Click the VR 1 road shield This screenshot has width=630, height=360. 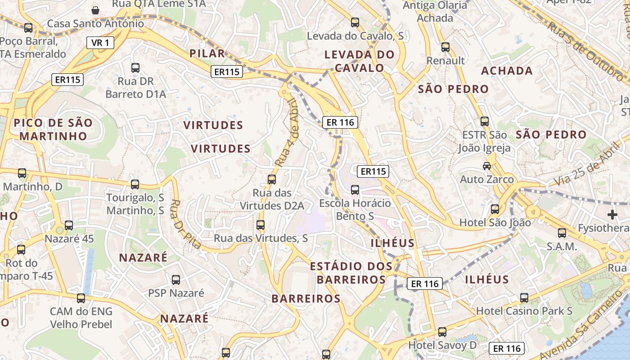(100, 43)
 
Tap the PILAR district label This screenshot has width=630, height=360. (207, 54)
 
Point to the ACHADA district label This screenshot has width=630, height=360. (507, 71)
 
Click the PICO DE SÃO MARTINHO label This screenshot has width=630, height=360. (53, 129)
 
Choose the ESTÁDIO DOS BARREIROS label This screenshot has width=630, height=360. (351, 273)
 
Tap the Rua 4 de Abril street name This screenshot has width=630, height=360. (288, 133)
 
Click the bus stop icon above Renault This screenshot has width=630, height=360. (445, 47)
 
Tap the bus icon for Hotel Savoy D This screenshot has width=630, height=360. (442, 332)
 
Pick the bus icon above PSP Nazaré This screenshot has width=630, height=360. (176, 279)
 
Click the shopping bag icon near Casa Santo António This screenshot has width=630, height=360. (95, 10)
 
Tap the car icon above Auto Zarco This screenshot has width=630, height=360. (487, 166)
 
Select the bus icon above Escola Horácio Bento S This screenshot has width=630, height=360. (355, 189)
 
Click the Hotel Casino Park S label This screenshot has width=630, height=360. (524, 311)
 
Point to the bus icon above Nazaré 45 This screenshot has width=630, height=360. (69, 225)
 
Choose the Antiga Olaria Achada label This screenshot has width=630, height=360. (435, 12)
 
